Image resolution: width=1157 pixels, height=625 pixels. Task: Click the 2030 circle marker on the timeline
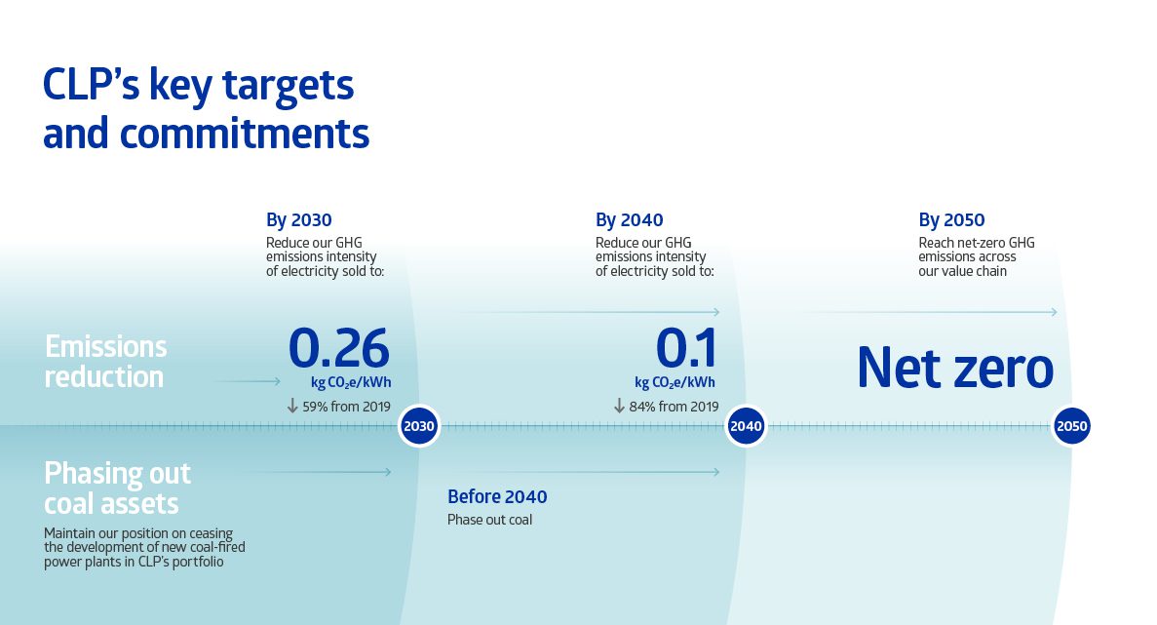coord(419,427)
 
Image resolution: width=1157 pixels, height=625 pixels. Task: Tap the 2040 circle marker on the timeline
coord(746,427)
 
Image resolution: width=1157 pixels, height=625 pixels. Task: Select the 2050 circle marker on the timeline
coord(1071,427)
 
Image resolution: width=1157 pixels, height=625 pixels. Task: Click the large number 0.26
coord(339,347)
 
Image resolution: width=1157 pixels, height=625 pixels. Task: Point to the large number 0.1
coord(686,347)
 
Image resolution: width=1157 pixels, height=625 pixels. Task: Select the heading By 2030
coord(299,220)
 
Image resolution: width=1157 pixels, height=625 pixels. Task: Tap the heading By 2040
coord(629,220)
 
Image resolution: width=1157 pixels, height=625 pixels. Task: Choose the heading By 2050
coord(951,220)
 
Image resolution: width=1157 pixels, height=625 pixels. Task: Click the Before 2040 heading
coord(497,497)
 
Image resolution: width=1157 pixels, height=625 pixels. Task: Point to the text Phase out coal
coord(489,520)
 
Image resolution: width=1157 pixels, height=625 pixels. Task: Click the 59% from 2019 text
coord(346,407)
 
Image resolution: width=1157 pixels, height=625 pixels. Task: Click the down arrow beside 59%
coord(291,406)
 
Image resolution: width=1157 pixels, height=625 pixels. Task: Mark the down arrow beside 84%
coord(619,406)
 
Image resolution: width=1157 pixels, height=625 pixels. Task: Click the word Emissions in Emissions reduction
coord(105,347)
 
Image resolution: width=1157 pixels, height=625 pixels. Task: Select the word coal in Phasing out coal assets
coord(76,504)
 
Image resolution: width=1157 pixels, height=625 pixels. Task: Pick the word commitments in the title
coord(248,133)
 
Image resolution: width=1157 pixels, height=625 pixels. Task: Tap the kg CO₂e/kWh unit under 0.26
coord(351,382)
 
